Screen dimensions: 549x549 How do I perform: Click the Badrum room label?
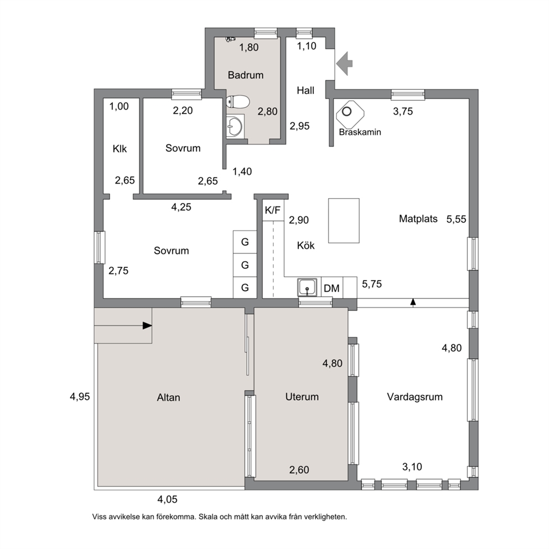click(x=245, y=75)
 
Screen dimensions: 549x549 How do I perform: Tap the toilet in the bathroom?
click(x=238, y=102)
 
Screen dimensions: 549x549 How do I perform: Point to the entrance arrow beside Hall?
click(x=344, y=64)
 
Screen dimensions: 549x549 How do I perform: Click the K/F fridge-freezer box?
click(x=273, y=210)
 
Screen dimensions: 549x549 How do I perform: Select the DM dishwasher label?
click(x=332, y=288)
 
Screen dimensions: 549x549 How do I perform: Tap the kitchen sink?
click(x=307, y=287)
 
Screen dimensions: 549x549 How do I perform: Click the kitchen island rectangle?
click(x=344, y=221)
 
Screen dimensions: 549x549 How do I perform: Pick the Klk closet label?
click(x=120, y=149)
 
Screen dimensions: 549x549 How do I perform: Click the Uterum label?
click(x=302, y=397)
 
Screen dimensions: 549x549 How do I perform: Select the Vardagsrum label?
click(x=415, y=397)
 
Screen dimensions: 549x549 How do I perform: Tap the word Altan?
click(x=168, y=397)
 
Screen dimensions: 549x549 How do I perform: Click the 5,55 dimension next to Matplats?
click(x=456, y=219)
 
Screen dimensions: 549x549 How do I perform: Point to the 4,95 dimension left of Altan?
click(x=80, y=397)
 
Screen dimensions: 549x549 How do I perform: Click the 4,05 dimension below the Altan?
click(x=167, y=499)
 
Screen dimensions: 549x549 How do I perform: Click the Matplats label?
click(x=418, y=219)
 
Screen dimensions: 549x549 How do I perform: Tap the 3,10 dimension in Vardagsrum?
click(x=412, y=467)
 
